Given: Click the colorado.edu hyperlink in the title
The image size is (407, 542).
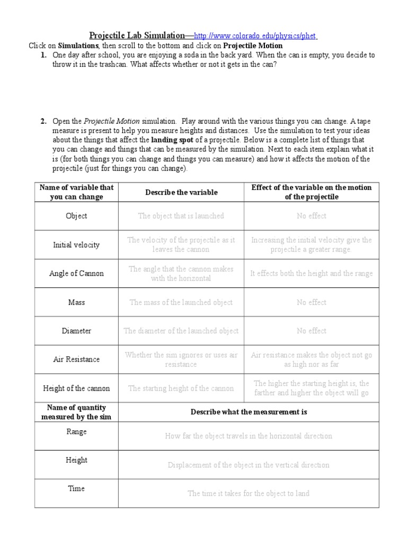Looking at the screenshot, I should coord(255,36).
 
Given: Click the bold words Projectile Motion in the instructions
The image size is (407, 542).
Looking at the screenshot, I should coord(253,46).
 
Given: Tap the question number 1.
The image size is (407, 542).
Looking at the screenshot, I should coord(43,55).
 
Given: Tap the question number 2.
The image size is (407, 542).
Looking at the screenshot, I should coord(43,121).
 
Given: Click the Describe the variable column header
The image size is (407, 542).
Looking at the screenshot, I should coord(181,192).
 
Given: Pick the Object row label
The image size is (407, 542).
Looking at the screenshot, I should coord(76,216).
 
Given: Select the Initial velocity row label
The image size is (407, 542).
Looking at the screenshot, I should coord(76,245).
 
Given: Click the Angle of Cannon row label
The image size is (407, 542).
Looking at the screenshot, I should coord(76,274).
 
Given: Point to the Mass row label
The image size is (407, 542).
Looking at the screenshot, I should coord(76,302).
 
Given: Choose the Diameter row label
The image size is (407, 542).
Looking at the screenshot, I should coord(76,331).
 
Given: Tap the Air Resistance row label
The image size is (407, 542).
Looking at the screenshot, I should coord(76,359).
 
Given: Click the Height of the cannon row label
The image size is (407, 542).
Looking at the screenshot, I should coord(76,388).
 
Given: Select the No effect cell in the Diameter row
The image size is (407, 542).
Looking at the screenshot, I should coord(312,331).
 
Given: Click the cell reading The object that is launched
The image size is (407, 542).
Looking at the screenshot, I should coord(181,216).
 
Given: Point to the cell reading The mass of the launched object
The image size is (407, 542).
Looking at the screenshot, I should coord(181,302).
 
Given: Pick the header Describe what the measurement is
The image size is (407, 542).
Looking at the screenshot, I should coord(249,411).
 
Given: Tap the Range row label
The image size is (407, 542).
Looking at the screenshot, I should coord(76,432).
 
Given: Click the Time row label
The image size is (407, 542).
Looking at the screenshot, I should coord(76,489).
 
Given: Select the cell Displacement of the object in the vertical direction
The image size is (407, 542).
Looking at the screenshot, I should coord(249,465).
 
